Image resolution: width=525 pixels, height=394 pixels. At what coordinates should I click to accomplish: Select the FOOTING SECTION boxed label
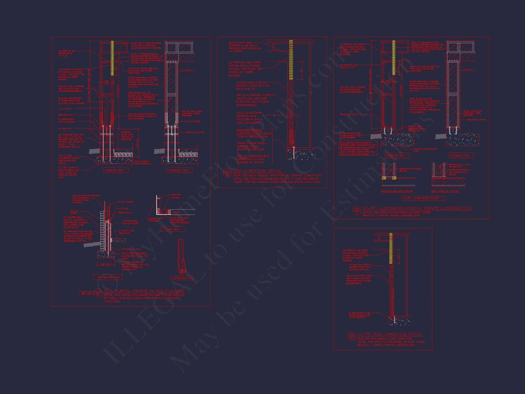[108, 277]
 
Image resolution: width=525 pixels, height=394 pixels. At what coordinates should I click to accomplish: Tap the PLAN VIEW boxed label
[172, 229]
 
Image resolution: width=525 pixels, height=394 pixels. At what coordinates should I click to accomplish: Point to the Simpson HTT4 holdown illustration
[181, 256]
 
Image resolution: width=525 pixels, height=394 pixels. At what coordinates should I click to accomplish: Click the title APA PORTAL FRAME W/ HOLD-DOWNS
[144, 291]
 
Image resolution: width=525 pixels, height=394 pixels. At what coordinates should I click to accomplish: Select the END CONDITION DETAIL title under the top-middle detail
[258, 171]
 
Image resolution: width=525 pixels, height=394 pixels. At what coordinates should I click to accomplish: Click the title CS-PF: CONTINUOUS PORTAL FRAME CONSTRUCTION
[417, 208]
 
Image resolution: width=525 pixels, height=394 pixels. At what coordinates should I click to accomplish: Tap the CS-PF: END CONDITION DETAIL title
[390, 334]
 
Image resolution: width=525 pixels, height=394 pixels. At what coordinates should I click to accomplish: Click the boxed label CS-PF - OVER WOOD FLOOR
[424, 198]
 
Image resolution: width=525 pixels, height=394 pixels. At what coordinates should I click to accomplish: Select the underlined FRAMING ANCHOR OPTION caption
[397, 191]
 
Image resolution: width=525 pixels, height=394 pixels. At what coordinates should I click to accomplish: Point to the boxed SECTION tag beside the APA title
[86, 293]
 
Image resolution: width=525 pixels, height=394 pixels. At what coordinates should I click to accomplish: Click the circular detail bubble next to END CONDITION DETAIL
[227, 173]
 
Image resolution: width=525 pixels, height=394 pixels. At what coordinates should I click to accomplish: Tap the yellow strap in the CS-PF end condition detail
[391, 248]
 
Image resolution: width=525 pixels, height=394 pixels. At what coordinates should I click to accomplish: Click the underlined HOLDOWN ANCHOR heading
[249, 130]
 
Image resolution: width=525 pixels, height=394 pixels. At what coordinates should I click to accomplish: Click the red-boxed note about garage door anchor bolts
[358, 148]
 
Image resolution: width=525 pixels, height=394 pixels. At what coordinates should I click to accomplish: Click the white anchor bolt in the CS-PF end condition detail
[394, 319]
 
